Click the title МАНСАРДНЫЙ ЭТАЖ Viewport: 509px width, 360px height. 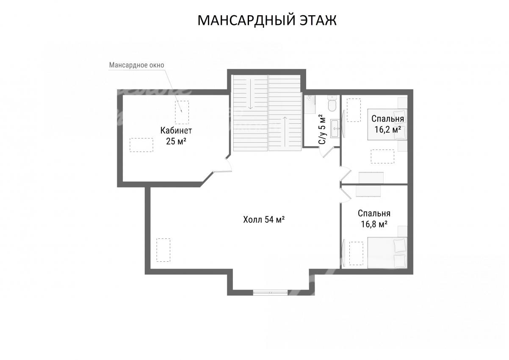(267, 20)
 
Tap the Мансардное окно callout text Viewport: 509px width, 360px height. (137, 65)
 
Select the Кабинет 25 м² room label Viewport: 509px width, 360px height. (176, 136)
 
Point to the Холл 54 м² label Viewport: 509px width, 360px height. (264, 219)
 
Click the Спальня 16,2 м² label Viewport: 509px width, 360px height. (387, 124)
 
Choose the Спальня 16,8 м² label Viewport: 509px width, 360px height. (374, 219)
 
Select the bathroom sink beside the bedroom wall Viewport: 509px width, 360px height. (335, 129)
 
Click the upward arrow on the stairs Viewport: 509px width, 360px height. (285, 132)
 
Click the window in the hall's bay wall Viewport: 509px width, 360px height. (270, 293)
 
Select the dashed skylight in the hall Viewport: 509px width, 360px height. (163, 250)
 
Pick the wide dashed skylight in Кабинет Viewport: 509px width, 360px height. (141, 145)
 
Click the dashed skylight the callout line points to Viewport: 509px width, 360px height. (182, 112)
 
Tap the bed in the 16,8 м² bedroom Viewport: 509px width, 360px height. (387, 253)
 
